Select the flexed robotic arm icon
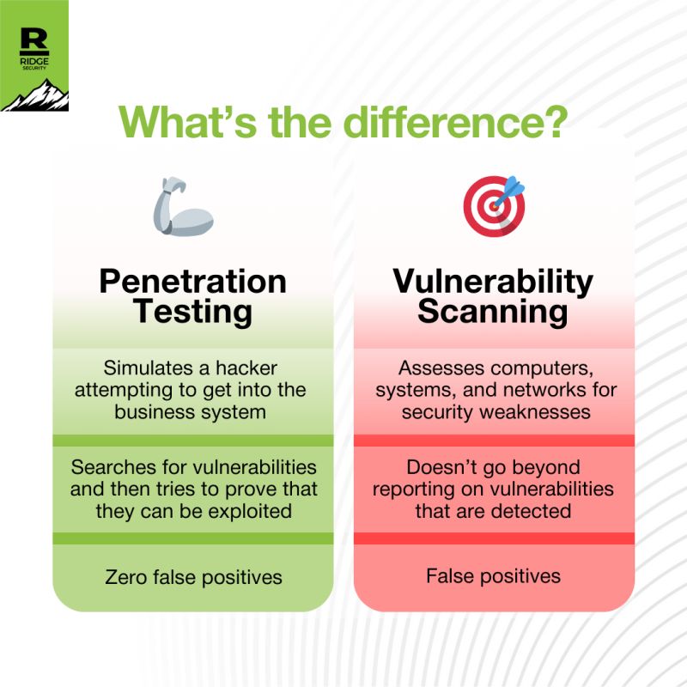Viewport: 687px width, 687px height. (183, 207)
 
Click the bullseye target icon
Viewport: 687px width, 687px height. (494, 206)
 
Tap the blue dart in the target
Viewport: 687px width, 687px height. (509, 192)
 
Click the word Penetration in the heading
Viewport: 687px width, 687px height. (192, 282)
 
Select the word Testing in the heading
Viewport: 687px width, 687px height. (192, 313)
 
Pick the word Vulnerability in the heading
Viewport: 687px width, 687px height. (493, 283)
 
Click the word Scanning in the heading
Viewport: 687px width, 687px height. (493, 312)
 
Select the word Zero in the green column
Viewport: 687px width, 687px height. (125, 577)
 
